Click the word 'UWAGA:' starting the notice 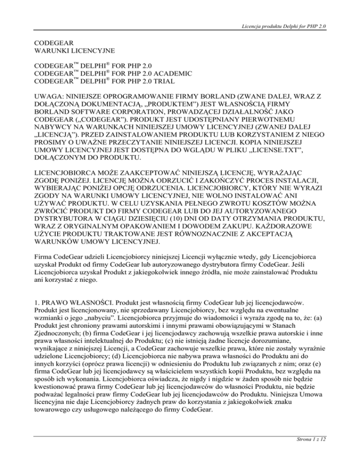point(50,98)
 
